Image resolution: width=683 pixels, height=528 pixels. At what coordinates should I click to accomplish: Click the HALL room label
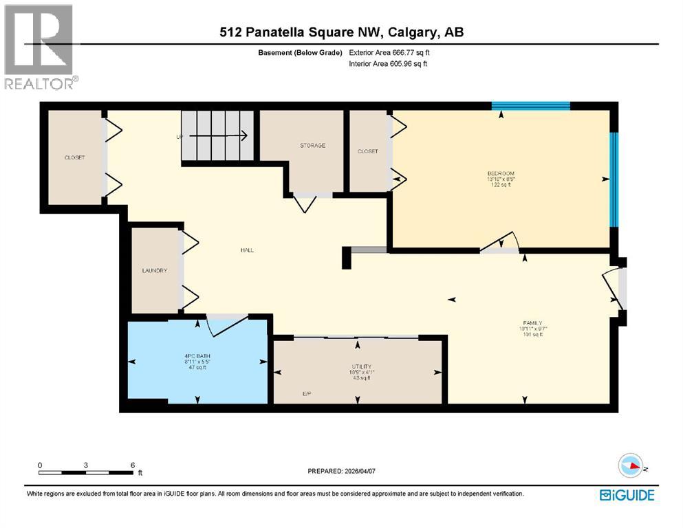tap(247, 250)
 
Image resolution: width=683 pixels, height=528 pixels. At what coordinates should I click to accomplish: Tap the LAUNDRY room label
tap(155, 271)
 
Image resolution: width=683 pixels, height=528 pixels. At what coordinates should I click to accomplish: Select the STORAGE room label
tap(312, 146)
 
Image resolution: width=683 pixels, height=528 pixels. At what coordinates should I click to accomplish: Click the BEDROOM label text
tap(501, 173)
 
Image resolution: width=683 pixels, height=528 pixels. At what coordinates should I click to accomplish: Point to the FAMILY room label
tap(532, 323)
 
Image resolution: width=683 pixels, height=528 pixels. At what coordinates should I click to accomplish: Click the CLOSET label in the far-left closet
tap(74, 158)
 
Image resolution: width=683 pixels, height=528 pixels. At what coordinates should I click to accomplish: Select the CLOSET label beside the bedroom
tap(367, 151)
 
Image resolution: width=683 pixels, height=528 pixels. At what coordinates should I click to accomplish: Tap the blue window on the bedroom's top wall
tap(530, 106)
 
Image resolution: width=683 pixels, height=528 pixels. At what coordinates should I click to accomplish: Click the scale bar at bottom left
tap(86, 472)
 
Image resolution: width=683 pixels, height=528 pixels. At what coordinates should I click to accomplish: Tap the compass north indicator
tap(631, 467)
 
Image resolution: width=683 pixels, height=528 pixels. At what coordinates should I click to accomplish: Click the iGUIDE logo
tap(627, 495)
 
